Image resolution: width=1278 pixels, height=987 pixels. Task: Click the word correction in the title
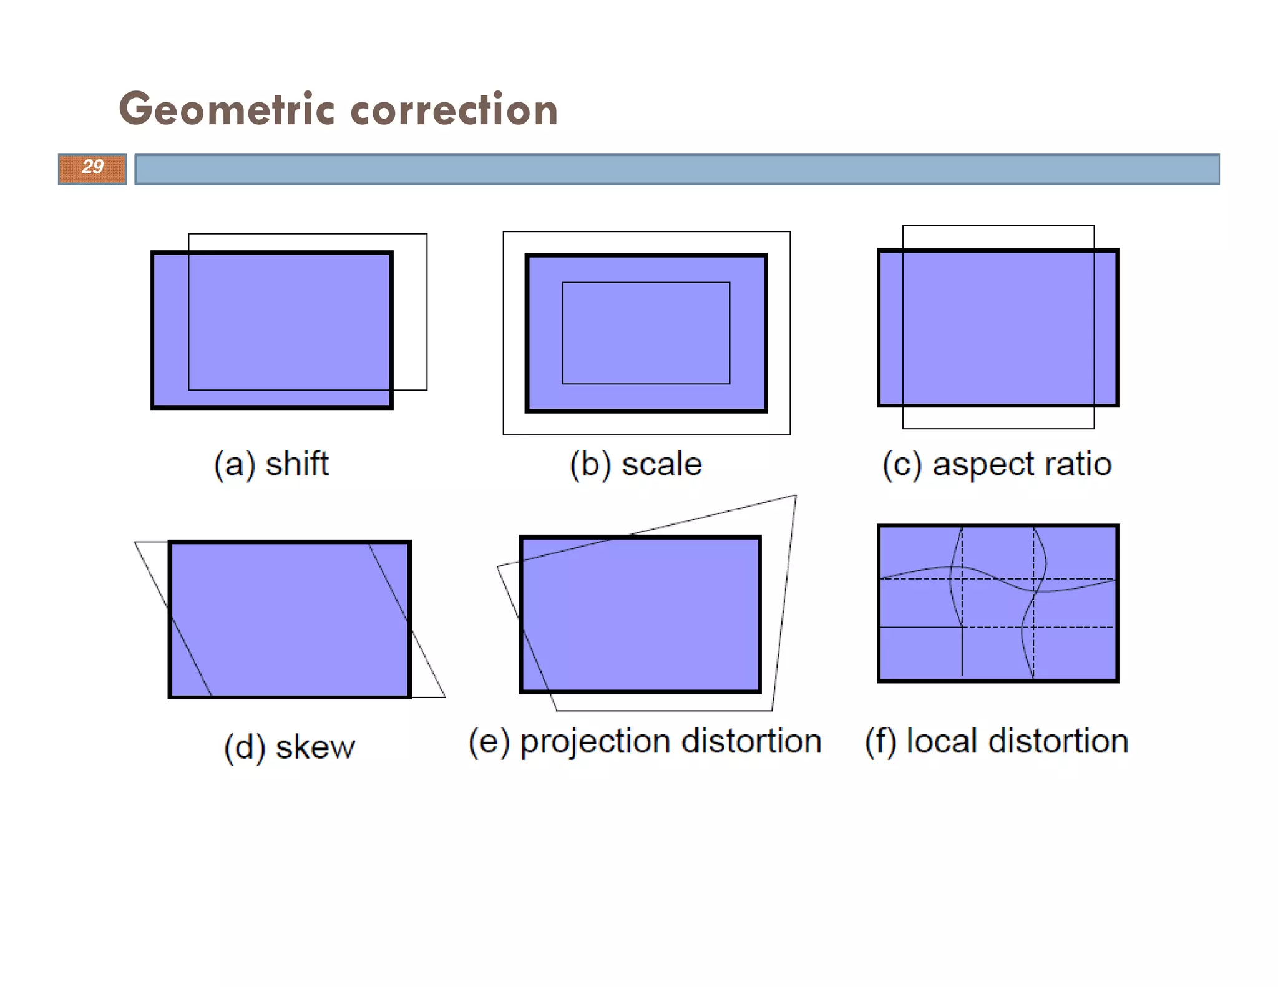click(454, 109)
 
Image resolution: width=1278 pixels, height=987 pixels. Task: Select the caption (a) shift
click(271, 464)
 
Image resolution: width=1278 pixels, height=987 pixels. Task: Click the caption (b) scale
click(635, 464)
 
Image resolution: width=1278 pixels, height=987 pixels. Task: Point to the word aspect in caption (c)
click(983, 465)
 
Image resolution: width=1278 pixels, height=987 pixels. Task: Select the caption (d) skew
click(290, 747)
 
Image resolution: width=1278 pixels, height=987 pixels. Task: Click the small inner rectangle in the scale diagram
click(646, 333)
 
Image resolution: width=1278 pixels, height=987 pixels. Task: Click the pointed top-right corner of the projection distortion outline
click(796, 496)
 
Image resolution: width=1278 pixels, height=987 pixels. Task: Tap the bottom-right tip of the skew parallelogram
click(445, 697)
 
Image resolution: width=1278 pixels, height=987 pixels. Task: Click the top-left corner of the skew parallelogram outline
click(135, 542)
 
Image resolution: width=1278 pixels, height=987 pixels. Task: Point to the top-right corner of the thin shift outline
click(427, 235)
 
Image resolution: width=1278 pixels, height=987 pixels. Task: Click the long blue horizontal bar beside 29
click(677, 169)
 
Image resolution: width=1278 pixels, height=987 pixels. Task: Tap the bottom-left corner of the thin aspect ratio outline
click(903, 428)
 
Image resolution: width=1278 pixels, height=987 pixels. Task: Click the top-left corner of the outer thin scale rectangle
click(504, 232)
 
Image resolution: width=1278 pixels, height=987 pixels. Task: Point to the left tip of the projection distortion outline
click(498, 566)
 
